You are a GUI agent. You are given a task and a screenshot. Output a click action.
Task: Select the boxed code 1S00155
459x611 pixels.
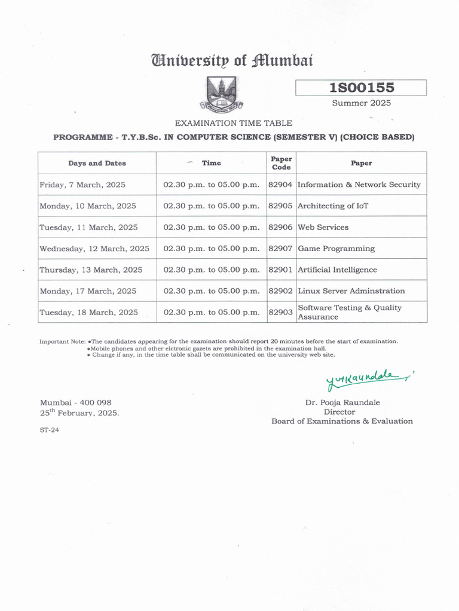(x=361, y=88)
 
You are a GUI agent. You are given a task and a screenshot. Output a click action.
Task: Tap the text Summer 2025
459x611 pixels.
(x=361, y=103)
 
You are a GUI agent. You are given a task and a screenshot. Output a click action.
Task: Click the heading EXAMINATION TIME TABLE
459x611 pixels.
(x=233, y=123)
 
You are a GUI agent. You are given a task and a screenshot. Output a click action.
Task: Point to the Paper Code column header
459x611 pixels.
(x=280, y=163)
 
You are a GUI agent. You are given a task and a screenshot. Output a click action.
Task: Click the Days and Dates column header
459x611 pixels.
(x=97, y=163)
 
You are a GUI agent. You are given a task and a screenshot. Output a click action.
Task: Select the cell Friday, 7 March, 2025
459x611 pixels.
(x=82, y=185)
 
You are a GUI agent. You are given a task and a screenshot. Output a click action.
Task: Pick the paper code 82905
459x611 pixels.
(x=280, y=206)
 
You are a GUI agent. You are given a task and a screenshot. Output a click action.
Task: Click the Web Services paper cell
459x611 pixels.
(x=323, y=227)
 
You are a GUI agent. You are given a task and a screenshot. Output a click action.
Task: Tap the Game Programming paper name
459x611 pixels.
(x=336, y=248)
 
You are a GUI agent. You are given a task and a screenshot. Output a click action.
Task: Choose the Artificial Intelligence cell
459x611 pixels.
(x=338, y=270)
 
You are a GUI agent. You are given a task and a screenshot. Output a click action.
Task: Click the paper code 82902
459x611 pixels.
(x=280, y=291)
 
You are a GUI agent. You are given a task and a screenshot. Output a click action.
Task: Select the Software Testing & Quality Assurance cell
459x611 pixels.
(x=350, y=312)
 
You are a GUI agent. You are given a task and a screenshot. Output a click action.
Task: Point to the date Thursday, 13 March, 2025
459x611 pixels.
(x=91, y=270)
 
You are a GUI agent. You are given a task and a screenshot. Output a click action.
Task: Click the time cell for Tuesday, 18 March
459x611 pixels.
(x=212, y=312)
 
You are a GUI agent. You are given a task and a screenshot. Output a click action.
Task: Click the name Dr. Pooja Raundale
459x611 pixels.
(x=342, y=403)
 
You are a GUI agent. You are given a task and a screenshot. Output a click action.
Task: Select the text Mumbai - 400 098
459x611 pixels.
(x=75, y=403)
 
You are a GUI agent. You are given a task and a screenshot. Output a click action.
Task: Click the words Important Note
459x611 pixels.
(x=63, y=341)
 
